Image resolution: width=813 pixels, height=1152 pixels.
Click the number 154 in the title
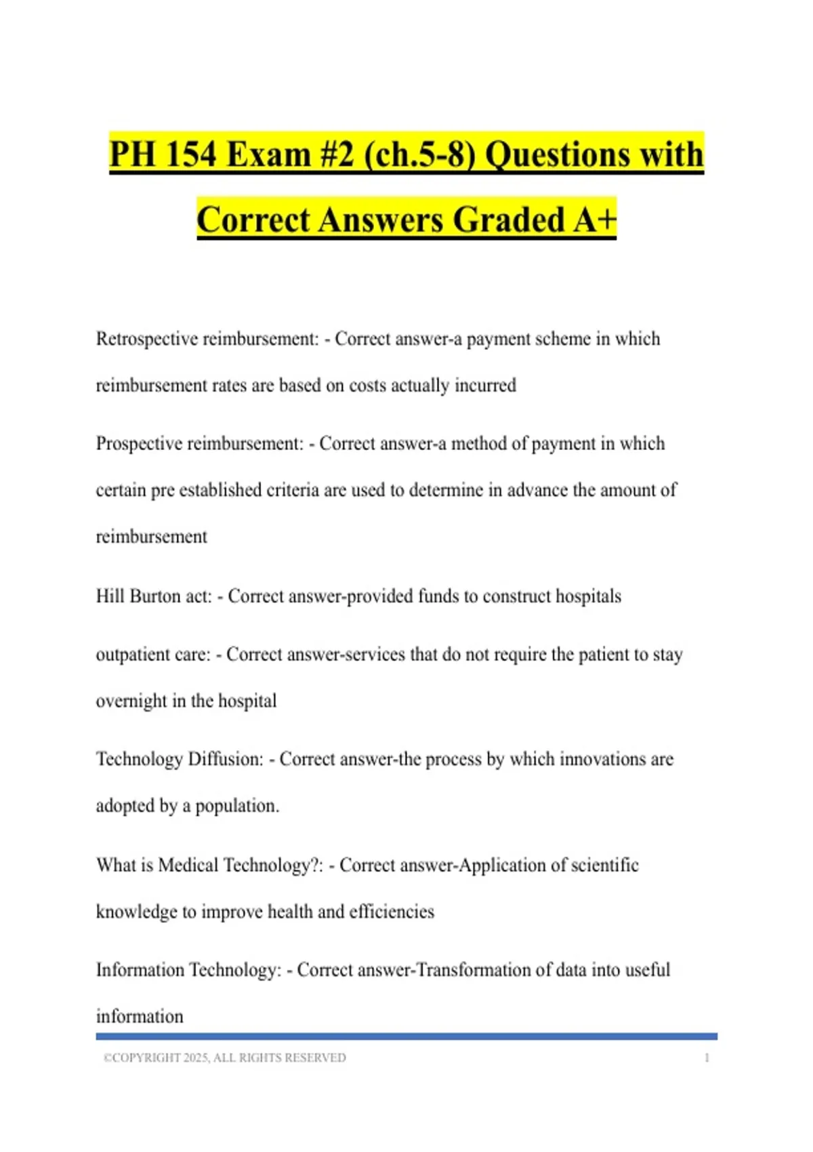pos(191,154)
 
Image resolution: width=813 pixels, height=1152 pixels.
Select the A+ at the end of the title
pos(595,220)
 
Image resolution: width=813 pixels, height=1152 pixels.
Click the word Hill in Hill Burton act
pos(110,596)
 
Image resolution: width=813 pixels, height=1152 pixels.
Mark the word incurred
pos(485,386)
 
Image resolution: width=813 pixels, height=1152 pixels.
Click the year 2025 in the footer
pos(196,1058)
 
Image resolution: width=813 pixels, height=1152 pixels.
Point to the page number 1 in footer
pos(707,1058)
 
